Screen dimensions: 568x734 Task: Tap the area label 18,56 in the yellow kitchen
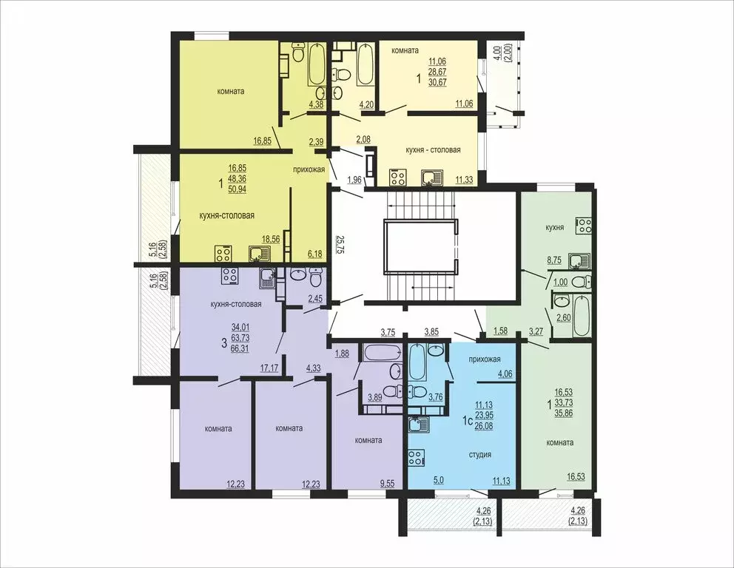(271, 240)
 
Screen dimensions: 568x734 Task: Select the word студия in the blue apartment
(481, 454)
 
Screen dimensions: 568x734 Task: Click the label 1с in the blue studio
(467, 421)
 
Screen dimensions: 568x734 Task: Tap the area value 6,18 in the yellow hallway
(316, 254)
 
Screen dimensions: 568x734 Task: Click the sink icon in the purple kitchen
(267, 277)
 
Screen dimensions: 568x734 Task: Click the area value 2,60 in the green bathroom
(564, 318)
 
